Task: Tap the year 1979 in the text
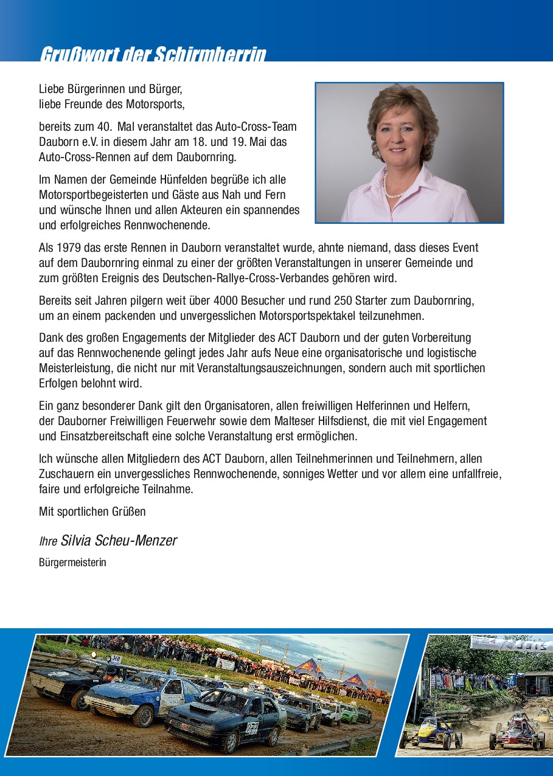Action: (x=68, y=248)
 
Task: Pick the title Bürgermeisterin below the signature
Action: (x=72, y=563)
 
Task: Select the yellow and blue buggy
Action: (x=430, y=732)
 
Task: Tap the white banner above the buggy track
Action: (x=511, y=644)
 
